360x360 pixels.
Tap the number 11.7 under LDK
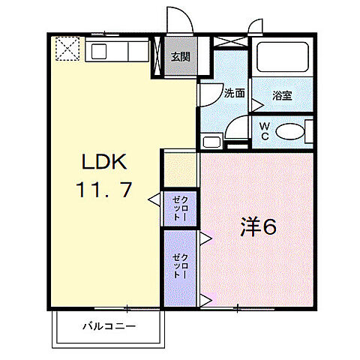[x=104, y=190]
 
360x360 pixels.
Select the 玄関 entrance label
[x=180, y=56]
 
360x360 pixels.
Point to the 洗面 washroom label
[x=235, y=94]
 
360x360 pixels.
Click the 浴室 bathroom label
[x=281, y=95]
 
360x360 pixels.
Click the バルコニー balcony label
[x=108, y=327]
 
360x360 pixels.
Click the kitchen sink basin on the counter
[x=100, y=52]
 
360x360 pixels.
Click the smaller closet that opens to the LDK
[x=181, y=208]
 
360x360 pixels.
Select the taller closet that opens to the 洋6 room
[x=181, y=268]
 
